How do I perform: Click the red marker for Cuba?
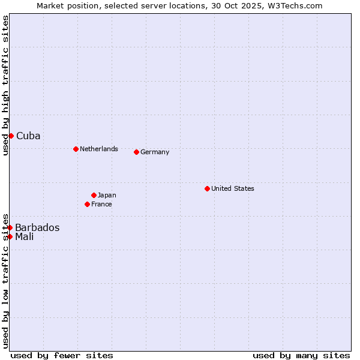(11, 136)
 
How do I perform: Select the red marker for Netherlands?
(76, 149)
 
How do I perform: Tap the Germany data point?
(136, 152)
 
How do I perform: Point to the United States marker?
(207, 188)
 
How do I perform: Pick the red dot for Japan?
(94, 195)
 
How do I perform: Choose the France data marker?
(87, 204)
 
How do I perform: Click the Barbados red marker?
(10, 227)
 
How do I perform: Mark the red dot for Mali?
(10, 236)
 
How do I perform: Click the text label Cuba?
(28, 136)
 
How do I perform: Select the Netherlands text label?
(99, 149)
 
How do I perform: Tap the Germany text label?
(155, 152)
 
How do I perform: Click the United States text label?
(233, 188)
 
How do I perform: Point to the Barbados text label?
(37, 227)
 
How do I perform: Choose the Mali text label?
(25, 236)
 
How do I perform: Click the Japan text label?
(107, 195)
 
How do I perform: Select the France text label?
(101, 204)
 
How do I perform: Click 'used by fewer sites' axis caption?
(62, 355)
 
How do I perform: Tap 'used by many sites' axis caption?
(301, 355)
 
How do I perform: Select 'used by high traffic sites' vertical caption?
(5, 85)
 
